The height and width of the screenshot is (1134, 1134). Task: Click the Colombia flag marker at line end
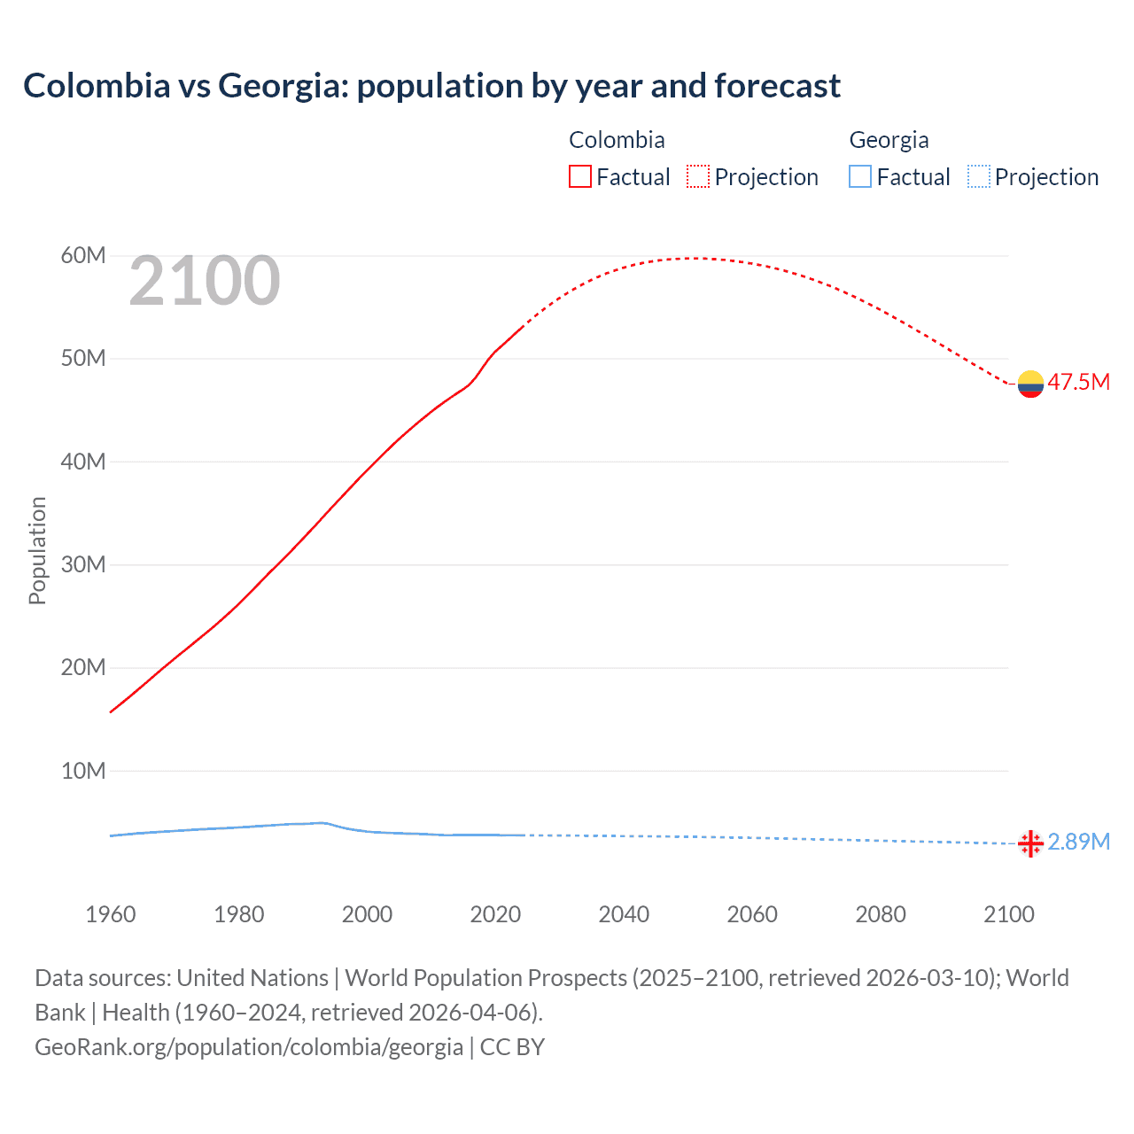[1030, 384]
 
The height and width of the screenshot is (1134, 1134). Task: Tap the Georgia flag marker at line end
[1030, 843]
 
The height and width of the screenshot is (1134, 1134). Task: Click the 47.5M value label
[1078, 382]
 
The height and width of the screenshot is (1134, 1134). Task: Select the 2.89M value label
[1078, 842]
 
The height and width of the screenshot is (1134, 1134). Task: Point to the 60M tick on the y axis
[83, 256]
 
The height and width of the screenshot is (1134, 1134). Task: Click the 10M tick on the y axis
[83, 771]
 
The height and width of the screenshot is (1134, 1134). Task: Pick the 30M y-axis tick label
[83, 564]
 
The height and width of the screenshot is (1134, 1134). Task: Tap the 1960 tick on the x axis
[111, 914]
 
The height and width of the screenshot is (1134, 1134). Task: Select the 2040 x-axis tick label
[624, 914]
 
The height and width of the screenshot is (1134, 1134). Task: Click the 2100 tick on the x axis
[1008, 914]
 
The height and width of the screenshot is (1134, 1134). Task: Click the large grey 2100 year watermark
[205, 281]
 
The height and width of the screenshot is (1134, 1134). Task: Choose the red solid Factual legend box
[580, 176]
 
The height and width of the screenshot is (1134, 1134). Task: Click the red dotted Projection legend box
[698, 176]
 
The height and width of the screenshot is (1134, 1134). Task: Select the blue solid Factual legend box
[860, 176]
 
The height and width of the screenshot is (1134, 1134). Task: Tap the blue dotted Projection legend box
[978, 176]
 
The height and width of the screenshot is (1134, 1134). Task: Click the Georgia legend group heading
[889, 140]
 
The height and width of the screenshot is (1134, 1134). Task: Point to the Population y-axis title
[37, 550]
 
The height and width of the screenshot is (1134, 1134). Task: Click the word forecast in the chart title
[777, 86]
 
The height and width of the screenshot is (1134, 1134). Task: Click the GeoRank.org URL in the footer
[249, 1047]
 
